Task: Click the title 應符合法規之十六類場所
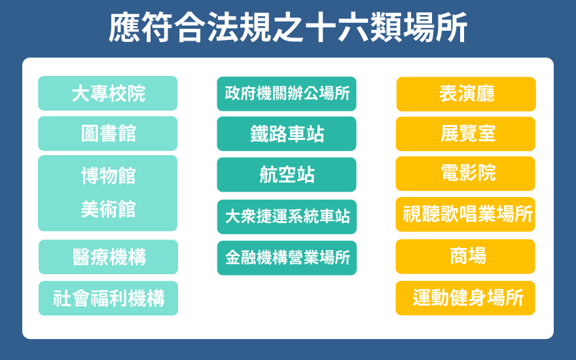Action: tap(287, 27)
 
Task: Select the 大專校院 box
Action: tap(107, 94)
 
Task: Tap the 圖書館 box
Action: tap(107, 134)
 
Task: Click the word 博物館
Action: tap(109, 175)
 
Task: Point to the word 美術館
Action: tap(109, 209)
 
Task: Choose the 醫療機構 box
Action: tap(109, 257)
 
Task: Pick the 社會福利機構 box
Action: tap(109, 298)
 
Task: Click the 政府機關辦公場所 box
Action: tap(287, 94)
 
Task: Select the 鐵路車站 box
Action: tap(287, 134)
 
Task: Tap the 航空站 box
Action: tap(287, 175)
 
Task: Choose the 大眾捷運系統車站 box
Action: tap(287, 217)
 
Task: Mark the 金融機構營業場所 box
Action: tap(287, 258)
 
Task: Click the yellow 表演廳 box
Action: tap(466, 94)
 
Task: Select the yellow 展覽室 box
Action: tap(465, 134)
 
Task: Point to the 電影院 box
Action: tap(465, 173)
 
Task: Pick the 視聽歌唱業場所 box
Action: tap(465, 214)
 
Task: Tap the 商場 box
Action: tap(465, 257)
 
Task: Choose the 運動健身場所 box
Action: tap(465, 298)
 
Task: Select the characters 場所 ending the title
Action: tap(435, 27)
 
